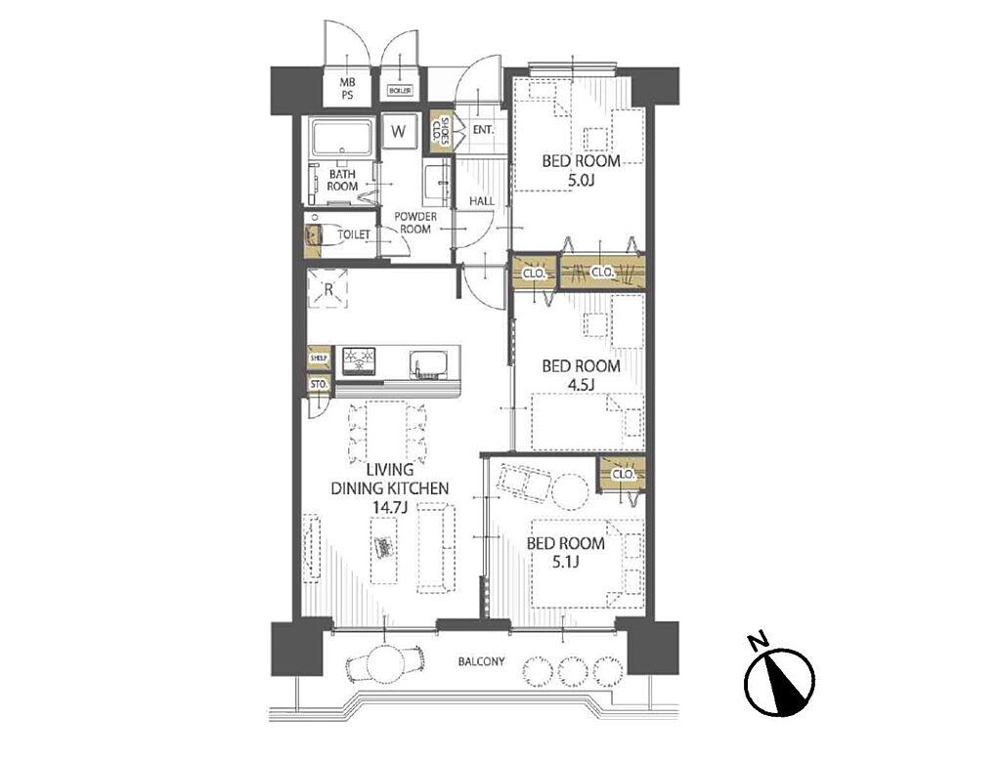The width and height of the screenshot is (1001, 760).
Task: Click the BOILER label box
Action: (400, 91)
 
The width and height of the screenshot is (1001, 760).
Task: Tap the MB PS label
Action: (347, 89)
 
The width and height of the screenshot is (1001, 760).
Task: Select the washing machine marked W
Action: (399, 131)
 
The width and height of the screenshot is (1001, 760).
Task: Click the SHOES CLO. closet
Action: (441, 133)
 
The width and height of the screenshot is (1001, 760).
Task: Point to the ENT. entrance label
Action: (483, 130)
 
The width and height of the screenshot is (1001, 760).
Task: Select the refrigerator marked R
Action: (328, 289)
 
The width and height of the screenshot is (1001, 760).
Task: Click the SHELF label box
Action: (319, 359)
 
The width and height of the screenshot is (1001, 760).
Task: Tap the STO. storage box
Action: (319, 386)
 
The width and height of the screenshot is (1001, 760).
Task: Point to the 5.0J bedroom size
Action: (581, 180)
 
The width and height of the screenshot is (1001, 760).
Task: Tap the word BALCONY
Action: (481, 661)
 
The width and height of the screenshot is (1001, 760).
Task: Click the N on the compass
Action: (759, 641)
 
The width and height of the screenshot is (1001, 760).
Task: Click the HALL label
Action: (482, 201)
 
